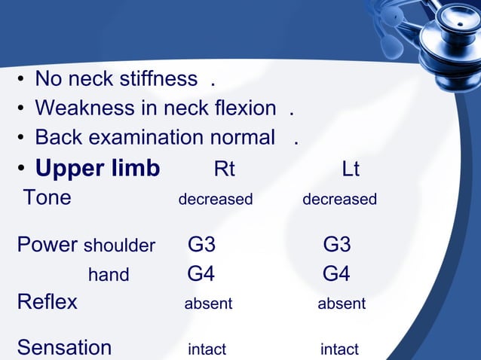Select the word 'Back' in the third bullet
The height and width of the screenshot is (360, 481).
point(57,138)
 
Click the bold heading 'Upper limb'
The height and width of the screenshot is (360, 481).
point(97,169)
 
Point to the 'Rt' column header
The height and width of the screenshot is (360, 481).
point(224,169)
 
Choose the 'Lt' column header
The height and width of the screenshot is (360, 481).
point(350,169)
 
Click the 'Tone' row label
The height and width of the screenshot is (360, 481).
point(47,198)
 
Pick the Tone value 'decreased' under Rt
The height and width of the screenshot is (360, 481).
point(215,200)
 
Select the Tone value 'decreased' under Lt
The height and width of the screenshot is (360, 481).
point(339,200)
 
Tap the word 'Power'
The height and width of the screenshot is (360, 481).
point(47,246)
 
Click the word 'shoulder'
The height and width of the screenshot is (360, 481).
point(119,246)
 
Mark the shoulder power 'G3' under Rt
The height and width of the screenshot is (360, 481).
point(201,246)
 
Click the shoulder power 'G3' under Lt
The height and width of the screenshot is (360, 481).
point(336,246)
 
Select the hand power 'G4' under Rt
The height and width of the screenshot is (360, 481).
point(201,274)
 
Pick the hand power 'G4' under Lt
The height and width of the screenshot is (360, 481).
point(336,274)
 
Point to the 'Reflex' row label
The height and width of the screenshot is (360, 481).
point(47,303)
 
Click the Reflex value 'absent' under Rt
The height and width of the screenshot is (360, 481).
point(208,304)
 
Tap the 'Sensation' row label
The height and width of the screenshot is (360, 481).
point(64,348)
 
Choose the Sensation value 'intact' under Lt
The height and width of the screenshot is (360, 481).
point(339,349)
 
